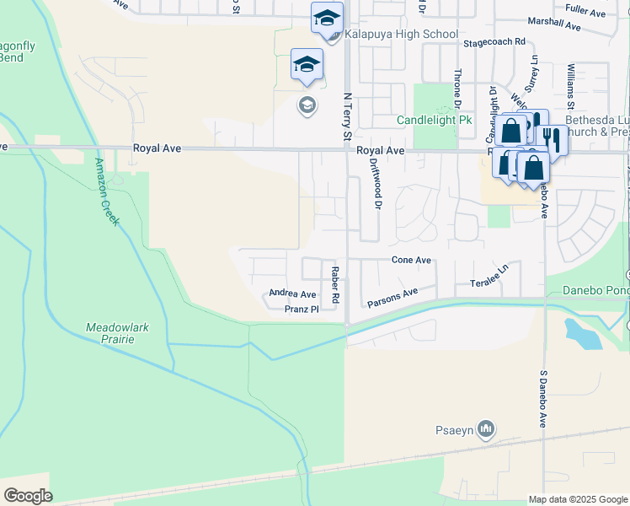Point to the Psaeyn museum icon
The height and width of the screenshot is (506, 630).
pyautogui.click(x=485, y=431)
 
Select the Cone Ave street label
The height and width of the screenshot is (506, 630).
pyautogui.click(x=411, y=261)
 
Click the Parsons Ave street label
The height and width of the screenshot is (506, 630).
pyautogui.click(x=392, y=298)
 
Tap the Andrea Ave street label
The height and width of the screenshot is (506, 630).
pyautogui.click(x=292, y=293)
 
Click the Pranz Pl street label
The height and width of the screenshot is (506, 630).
pyautogui.click(x=302, y=310)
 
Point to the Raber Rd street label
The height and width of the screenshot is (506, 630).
pyautogui.click(x=334, y=285)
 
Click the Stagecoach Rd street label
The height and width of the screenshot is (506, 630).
pyautogui.click(x=494, y=41)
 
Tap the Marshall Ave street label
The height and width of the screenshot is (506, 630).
pyautogui.click(x=554, y=25)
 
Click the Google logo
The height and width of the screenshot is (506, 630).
pyautogui.click(x=28, y=495)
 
